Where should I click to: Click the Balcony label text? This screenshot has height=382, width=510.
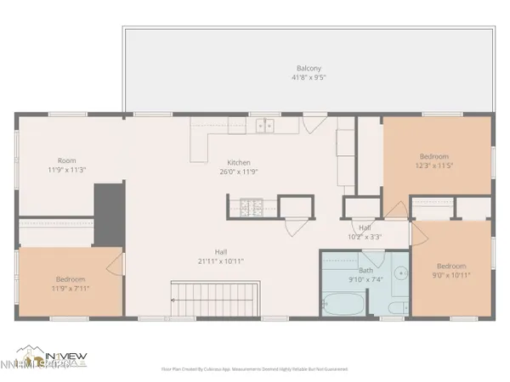tap(309, 69)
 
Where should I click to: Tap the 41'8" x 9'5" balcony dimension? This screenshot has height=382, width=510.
tap(309, 78)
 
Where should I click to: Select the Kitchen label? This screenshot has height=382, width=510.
tap(238, 162)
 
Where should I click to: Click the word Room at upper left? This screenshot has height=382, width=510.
tap(67, 160)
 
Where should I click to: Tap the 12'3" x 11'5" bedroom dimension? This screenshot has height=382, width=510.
tap(438, 165)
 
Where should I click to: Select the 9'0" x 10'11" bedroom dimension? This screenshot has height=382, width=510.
tap(451, 274)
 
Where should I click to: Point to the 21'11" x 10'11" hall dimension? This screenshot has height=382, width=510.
tap(221, 261)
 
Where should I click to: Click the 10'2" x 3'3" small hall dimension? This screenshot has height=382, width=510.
tap(365, 237)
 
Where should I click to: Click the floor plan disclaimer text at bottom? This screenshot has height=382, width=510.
tap(255, 369)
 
